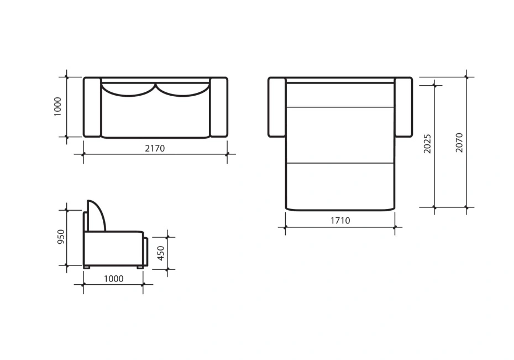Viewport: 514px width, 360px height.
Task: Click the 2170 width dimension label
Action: tap(155, 149)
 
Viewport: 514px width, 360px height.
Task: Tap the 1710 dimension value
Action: tap(340, 221)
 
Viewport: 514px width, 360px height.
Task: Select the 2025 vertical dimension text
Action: tap(427, 144)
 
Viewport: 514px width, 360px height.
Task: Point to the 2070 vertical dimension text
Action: tap(459, 143)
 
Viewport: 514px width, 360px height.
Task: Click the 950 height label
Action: tap(61, 237)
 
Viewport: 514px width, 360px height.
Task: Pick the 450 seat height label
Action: tap(161, 253)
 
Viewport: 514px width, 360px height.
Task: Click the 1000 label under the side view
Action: tap(114, 279)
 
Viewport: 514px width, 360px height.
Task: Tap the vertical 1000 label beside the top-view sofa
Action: tap(57, 107)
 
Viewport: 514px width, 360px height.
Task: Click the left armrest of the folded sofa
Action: tap(92, 107)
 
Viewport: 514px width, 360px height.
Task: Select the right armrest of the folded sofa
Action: tap(219, 107)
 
